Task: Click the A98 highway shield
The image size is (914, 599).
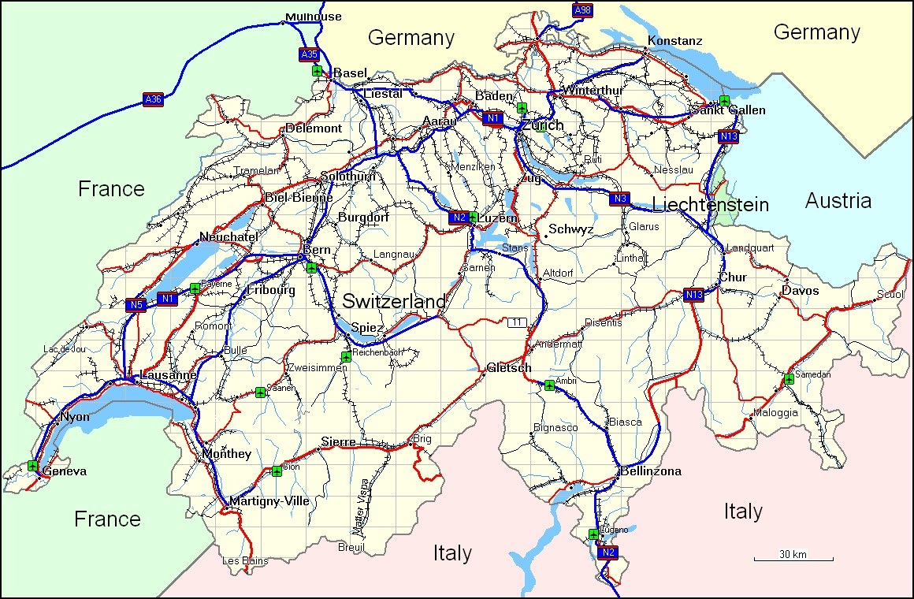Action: point(582,9)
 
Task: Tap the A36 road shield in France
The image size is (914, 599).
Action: point(153,99)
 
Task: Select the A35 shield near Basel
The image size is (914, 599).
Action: point(309,54)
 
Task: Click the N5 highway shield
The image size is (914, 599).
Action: point(136,305)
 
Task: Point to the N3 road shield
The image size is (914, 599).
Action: point(619,199)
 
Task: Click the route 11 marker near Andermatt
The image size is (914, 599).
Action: point(517,322)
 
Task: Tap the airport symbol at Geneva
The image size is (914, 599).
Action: point(32,466)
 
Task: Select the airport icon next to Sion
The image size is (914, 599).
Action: point(277,471)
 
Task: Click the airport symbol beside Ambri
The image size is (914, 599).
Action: point(549,385)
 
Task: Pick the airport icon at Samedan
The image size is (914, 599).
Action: point(789,380)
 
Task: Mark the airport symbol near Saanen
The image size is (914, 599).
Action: point(260,393)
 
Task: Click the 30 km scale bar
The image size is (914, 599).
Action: point(793,556)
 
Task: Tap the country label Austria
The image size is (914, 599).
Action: point(838,201)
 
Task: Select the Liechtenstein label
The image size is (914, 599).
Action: point(710,205)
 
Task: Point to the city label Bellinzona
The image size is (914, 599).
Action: point(651,471)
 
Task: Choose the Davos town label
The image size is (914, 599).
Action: point(800,291)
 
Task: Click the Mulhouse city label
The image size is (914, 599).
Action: point(314,17)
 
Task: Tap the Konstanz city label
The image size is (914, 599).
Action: point(674,40)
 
